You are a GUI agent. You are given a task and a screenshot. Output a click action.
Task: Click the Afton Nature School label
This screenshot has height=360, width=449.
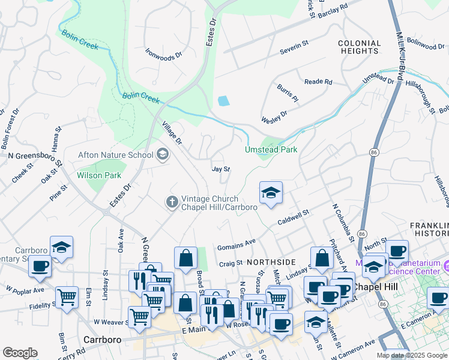coord(116,155)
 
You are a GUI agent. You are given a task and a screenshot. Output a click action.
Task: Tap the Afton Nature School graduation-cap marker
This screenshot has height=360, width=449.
coord(162,155)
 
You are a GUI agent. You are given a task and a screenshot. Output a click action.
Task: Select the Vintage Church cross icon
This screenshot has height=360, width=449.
coord(172,202)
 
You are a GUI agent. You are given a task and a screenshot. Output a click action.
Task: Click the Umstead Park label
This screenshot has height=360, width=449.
coord(271,149)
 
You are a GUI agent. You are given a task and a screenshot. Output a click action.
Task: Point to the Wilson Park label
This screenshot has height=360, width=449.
coord(98,176)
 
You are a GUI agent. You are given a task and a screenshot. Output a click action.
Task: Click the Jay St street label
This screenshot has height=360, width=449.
coord(221,169)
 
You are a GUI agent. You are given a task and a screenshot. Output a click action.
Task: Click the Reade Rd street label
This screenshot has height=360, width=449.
coord(318,82)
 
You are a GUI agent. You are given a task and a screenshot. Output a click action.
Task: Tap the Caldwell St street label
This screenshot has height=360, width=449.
coord(293,217)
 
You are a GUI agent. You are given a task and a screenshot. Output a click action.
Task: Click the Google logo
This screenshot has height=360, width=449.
coord(20,352)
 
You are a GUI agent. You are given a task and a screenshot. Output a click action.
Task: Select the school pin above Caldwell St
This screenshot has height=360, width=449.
coord(271,193)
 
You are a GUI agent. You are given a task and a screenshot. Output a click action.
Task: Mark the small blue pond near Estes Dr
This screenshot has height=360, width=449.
coord(223,100)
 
